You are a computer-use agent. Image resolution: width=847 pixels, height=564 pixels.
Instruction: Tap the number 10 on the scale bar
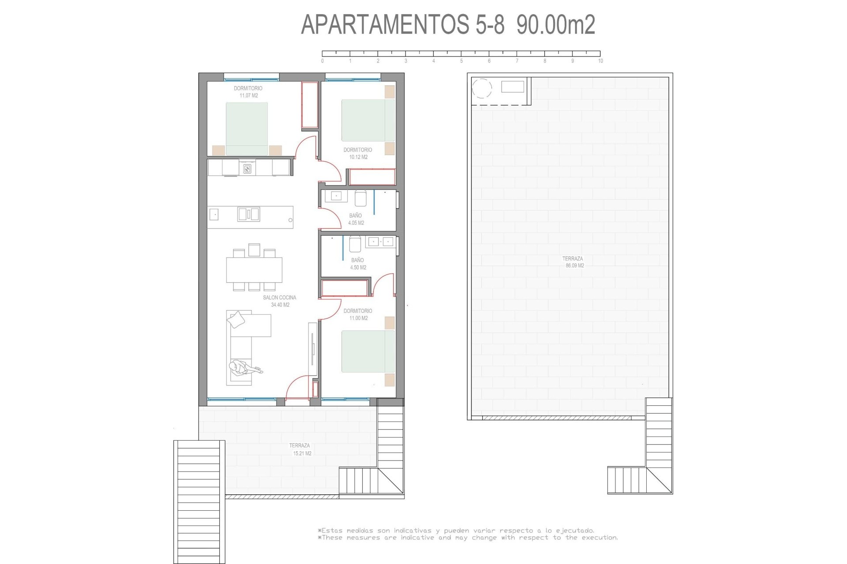coord(600,61)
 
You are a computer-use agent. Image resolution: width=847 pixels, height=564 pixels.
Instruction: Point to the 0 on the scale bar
coord(322,61)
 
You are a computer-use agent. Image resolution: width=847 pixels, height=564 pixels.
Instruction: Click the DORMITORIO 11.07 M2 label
coord(248,92)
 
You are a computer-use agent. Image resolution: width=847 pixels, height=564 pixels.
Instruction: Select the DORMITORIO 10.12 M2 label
coord(358,153)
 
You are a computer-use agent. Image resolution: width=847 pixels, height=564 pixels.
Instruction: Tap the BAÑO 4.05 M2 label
coord(356,219)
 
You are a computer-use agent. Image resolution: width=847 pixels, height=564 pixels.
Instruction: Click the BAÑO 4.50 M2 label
coord(358,263)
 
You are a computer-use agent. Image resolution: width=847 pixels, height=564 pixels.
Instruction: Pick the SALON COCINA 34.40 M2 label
coord(280,301)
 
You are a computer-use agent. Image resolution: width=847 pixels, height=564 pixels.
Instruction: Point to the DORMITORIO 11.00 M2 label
coord(358,314)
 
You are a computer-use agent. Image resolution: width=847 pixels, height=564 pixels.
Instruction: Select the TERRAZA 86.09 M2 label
coord(573,262)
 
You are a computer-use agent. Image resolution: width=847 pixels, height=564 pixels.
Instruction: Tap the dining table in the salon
coord(254,270)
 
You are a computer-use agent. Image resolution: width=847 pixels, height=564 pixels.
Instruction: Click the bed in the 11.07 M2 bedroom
coord(247,129)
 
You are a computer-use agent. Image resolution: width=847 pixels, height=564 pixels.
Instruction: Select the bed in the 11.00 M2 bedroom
coord(368,352)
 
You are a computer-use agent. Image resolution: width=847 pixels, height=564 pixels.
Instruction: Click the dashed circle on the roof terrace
coord(482,88)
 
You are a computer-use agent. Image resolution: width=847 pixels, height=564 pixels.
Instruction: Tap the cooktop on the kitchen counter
coord(247,168)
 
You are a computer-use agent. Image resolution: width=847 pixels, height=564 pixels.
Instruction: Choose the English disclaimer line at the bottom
coord(468,538)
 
